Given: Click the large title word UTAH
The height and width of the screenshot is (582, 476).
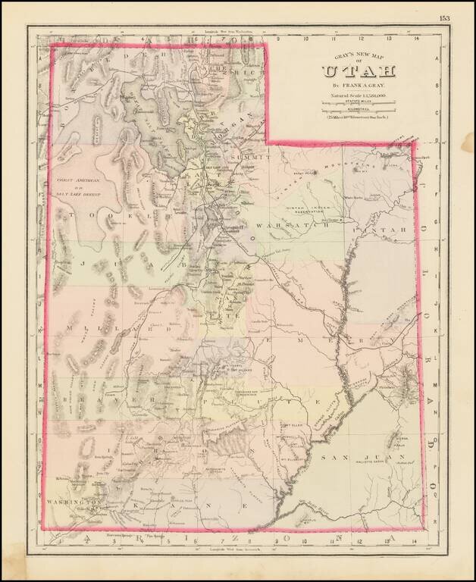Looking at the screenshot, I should pyautogui.click(x=359, y=72).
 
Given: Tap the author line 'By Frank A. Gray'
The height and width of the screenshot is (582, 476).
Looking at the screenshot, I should pyautogui.click(x=359, y=86).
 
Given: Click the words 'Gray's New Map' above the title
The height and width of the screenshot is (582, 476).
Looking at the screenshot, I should pyautogui.click(x=359, y=56).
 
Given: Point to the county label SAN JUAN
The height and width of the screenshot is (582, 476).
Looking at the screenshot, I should pyautogui.click(x=346, y=457).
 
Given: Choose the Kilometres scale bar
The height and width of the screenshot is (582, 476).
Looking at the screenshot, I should pyautogui.click(x=359, y=111).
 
